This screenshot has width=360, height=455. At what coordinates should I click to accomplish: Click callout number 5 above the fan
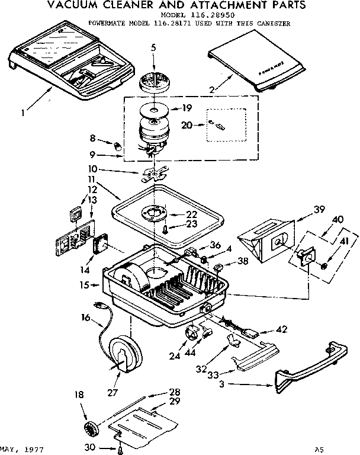coord(153,47)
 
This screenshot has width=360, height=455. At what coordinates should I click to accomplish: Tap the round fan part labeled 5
coord(153,80)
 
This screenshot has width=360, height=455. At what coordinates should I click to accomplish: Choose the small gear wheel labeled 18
coord(92,428)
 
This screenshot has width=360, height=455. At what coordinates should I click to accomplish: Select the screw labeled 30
coord(121,449)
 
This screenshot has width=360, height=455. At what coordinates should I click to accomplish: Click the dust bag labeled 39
coord(266,241)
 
